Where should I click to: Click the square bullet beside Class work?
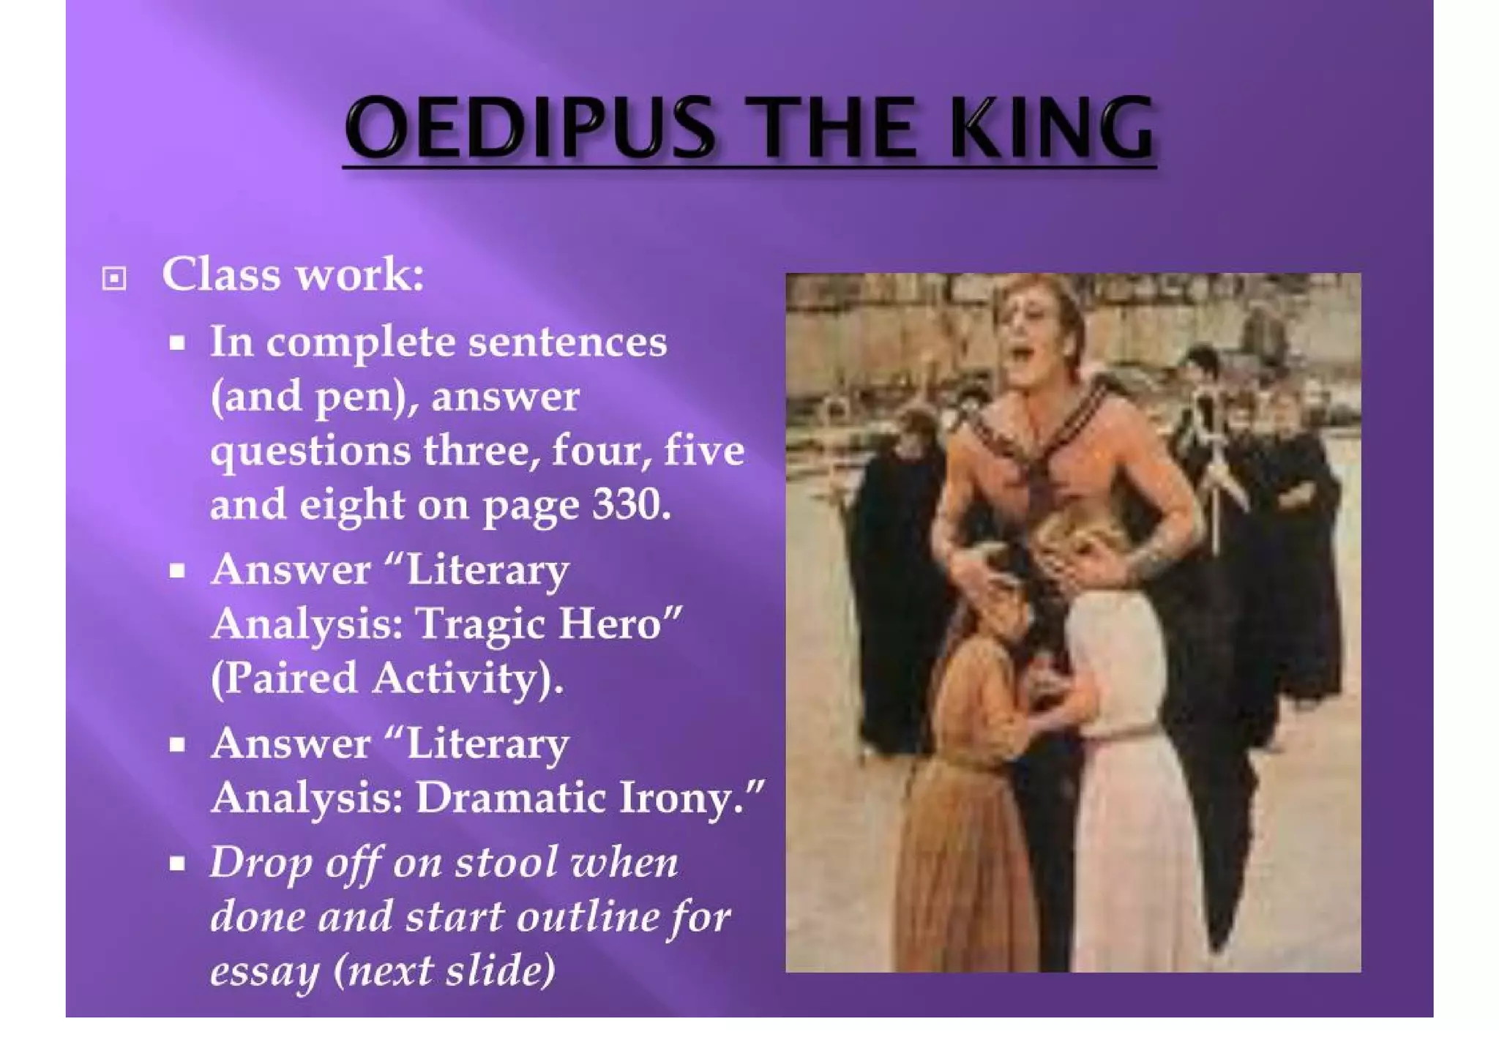pos(114,278)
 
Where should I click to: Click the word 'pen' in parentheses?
pos(359,397)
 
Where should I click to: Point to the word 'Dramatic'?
pos(511,798)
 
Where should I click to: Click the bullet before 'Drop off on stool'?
pos(177,864)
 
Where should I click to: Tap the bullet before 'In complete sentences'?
pos(177,343)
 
